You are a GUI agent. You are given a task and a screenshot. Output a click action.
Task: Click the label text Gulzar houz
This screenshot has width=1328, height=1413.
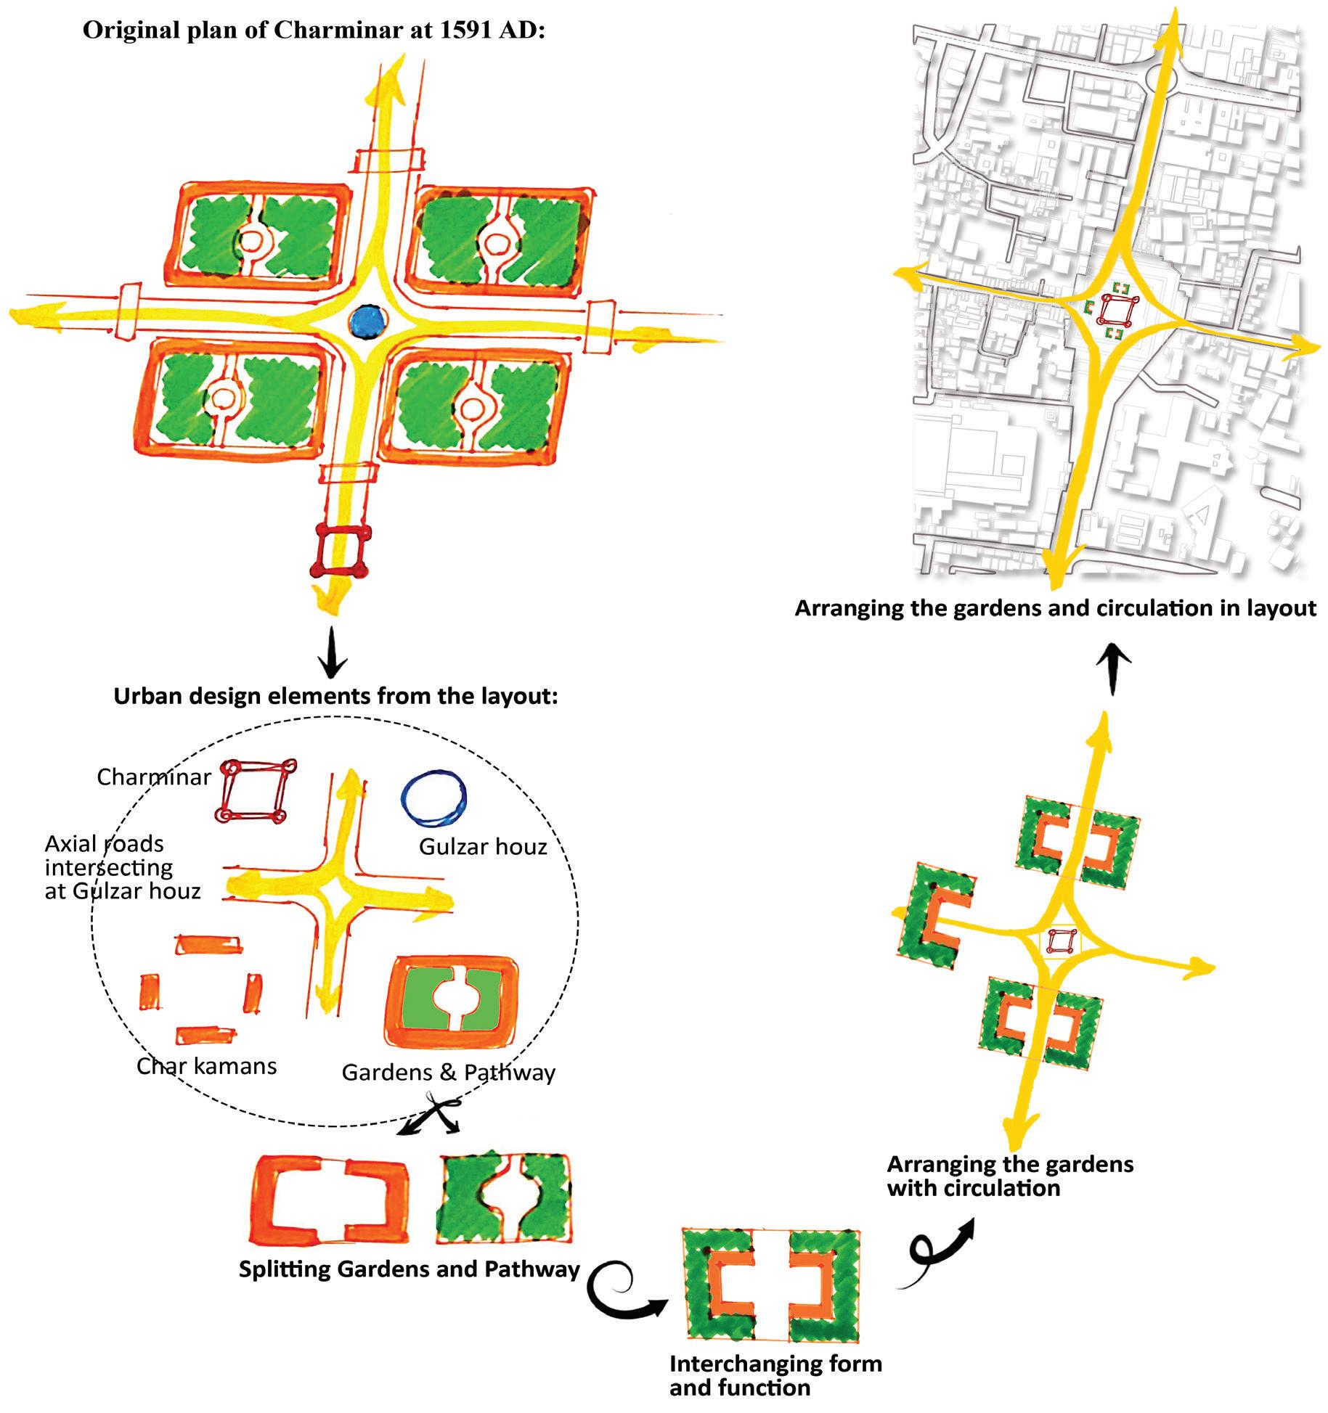(x=483, y=846)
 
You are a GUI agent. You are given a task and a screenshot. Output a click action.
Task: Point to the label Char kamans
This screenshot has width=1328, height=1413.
(x=207, y=1066)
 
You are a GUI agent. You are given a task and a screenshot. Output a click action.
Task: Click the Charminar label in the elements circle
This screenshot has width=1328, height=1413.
(x=154, y=777)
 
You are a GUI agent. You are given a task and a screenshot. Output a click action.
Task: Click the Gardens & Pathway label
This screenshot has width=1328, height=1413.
(x=449, y=1073)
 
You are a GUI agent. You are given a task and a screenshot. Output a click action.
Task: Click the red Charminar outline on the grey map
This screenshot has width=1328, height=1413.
(x=1116, y=311)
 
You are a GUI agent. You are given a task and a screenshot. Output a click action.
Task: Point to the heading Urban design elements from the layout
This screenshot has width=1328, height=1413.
(x=335, y=697)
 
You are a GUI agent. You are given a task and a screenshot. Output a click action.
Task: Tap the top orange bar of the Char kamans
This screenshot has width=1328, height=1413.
(x=208, y=945)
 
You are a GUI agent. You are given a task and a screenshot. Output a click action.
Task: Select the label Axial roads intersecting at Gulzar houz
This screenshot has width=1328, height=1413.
(x=122, y=867)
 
